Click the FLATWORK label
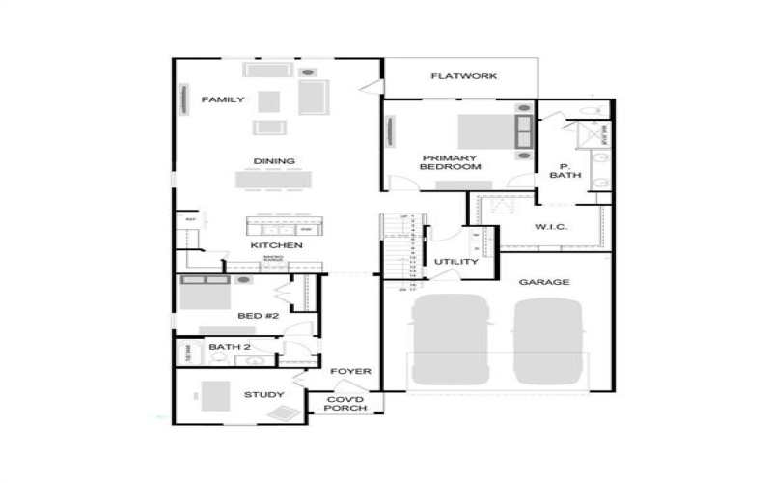(464, 76)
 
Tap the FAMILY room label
(222, 99)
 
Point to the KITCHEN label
(277, 245)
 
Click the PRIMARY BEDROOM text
(450, 162)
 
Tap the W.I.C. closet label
(550, 227)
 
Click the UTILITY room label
(455, 262)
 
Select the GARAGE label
(544, 282)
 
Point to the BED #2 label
(258, 316)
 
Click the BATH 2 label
(230, 347)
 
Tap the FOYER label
(352, 372)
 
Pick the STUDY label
(263, 394)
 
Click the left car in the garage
(450, 339)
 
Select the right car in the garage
(549, 341)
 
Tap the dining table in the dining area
(274, 180)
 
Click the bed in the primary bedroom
(487, 131)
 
